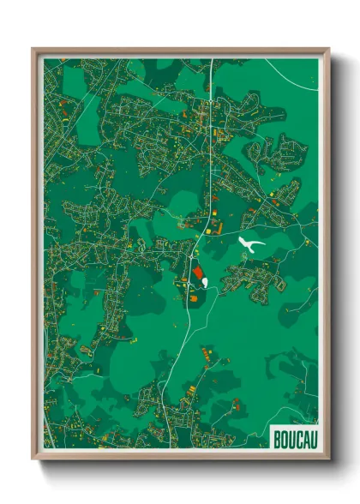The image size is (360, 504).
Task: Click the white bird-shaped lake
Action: [249, 245]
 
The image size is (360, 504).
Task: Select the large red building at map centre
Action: [198, 272]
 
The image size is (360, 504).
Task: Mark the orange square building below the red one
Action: [195, 297]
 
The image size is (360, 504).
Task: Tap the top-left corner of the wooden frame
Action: [33, 50]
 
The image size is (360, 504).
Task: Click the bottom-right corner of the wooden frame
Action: [328, 457]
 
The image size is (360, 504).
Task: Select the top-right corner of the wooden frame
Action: [328, 50]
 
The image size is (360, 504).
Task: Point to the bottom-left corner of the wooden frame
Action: [33, 457]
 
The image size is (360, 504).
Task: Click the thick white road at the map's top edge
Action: [209, 69]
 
